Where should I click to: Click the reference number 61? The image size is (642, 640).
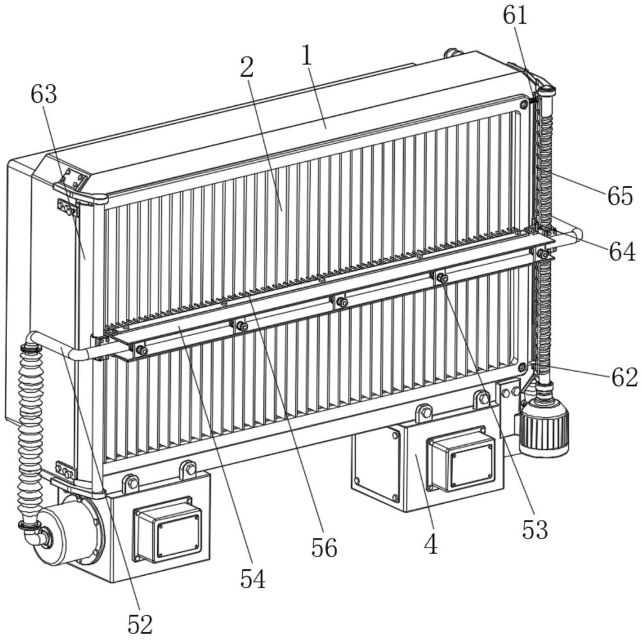[x=515, y=17]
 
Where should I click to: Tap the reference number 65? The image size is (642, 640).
[x=620, y=196]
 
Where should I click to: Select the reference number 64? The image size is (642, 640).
[x=622, y=252]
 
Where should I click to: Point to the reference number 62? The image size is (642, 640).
[x=625, y=377]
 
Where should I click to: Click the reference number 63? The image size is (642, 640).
[x=44, y=94]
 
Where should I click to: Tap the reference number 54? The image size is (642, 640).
[x=252, y=579]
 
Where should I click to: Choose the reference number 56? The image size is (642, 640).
[x=324, y=548]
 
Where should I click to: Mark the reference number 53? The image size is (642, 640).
[x=535, y=530]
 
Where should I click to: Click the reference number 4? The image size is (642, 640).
[x=431, y=545]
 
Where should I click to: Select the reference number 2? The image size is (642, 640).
[x=247, y=67]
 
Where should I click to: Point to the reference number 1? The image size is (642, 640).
[x=307, y=56]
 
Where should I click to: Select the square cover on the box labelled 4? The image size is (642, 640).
[x=460, y=458]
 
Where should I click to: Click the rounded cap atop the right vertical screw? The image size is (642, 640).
[x=544, y=90]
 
